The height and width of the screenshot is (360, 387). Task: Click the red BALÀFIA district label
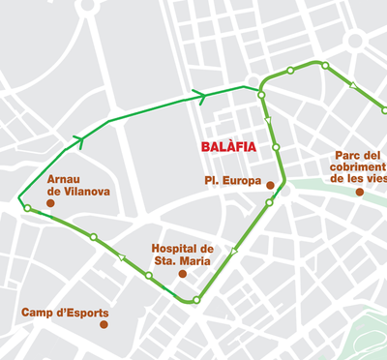pyautogui.click(x=230, y=147)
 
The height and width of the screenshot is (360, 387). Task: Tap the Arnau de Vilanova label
pyautogui.click(x=78, y=185)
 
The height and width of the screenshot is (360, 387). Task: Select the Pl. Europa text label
pyautogui.click(x=232, y=181)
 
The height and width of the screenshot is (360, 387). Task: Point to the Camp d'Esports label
pyautogui.click(x=65, y=313)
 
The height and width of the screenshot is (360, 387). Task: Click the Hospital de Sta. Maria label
pyautogui.click(x=183, y=254)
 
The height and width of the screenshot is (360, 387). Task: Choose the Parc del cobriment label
pyautogui.click(x=359, y=166)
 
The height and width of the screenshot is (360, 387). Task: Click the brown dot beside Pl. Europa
pyautogui.click(x=271, y=185)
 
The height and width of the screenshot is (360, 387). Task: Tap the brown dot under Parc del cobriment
pyautogui.click(x=359, y=192)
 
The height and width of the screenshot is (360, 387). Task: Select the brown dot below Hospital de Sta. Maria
pyautogui.click(x=182, y=274)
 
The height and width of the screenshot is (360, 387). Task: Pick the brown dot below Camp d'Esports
pyautogui.click(x=104, y=324)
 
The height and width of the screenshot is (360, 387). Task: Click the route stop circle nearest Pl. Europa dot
pyautogui.click(x=269, y=202)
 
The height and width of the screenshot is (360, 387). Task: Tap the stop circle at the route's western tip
pyautogui.click(x=27, y=208)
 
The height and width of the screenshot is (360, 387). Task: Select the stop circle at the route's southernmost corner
pyautogui.click(x=196, y=300)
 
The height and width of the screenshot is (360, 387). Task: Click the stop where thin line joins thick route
pyautogui.click(x=261, y=94)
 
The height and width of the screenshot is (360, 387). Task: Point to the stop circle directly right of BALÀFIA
pyautogui.click(x=276, y=147)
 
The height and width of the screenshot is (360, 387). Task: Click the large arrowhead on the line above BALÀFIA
pyautogui.click(x=199, y=96)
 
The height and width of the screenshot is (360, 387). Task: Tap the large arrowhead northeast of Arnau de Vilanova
pyautogui.click(x=78, y=142)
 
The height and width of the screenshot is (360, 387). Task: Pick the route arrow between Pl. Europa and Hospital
pyautogui.click(x=234, y=251)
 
